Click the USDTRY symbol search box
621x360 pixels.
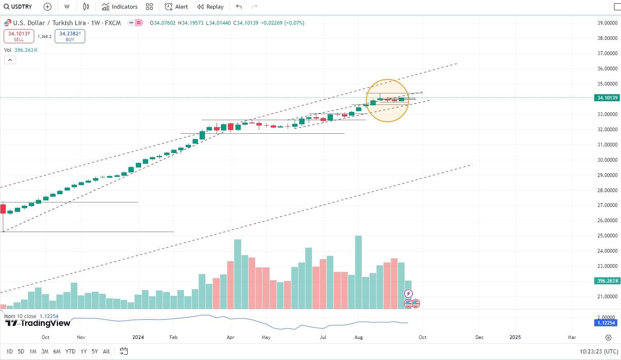click(x=18, y=7)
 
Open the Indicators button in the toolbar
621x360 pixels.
click(x=120, y=7)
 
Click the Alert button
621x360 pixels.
click(x=176, y=7)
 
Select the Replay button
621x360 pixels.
click(x=210, y=7)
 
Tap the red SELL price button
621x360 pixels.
click(x=19, y=36)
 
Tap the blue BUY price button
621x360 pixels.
click(x=70, y=36)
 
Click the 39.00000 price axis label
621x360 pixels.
click(x=607, y=23)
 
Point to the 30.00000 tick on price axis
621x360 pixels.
click(x=607, y=160)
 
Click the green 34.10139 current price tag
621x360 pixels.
click(x=607, y=98)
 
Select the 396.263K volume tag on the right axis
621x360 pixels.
click(x=607, y=281)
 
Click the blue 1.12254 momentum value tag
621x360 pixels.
click(x=606, y=323)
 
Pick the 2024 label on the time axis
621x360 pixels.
click(x=138, y=337)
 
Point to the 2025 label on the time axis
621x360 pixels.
click(x=515, y=337)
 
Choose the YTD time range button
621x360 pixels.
click(x=70, y=351)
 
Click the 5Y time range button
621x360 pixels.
click(x=95, y=351)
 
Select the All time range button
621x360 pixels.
click(x=106, y=351)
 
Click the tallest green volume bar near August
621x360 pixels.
click(x=358, y=272)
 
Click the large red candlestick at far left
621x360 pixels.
click(x=3, y=209)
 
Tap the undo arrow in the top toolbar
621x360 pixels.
click(x=239, y=7)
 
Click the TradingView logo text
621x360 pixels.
click(x=38, y=323)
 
